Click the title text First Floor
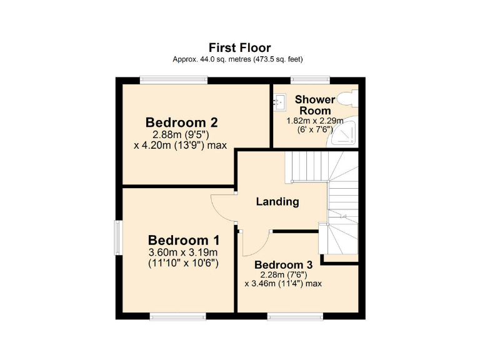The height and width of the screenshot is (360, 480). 239,47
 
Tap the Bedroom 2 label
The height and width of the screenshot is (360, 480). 181,122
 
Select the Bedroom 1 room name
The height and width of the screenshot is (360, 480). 184,240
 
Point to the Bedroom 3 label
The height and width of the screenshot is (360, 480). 283,264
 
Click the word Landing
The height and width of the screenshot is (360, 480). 277,202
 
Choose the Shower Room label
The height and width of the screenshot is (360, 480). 315,105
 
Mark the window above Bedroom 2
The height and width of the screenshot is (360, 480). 173,79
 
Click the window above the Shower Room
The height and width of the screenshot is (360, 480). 310,79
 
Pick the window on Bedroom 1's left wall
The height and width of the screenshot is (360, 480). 117,237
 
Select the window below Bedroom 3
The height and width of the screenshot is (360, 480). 296,316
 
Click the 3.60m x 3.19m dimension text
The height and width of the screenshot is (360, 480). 183,252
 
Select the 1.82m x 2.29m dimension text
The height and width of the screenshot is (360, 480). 314,121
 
